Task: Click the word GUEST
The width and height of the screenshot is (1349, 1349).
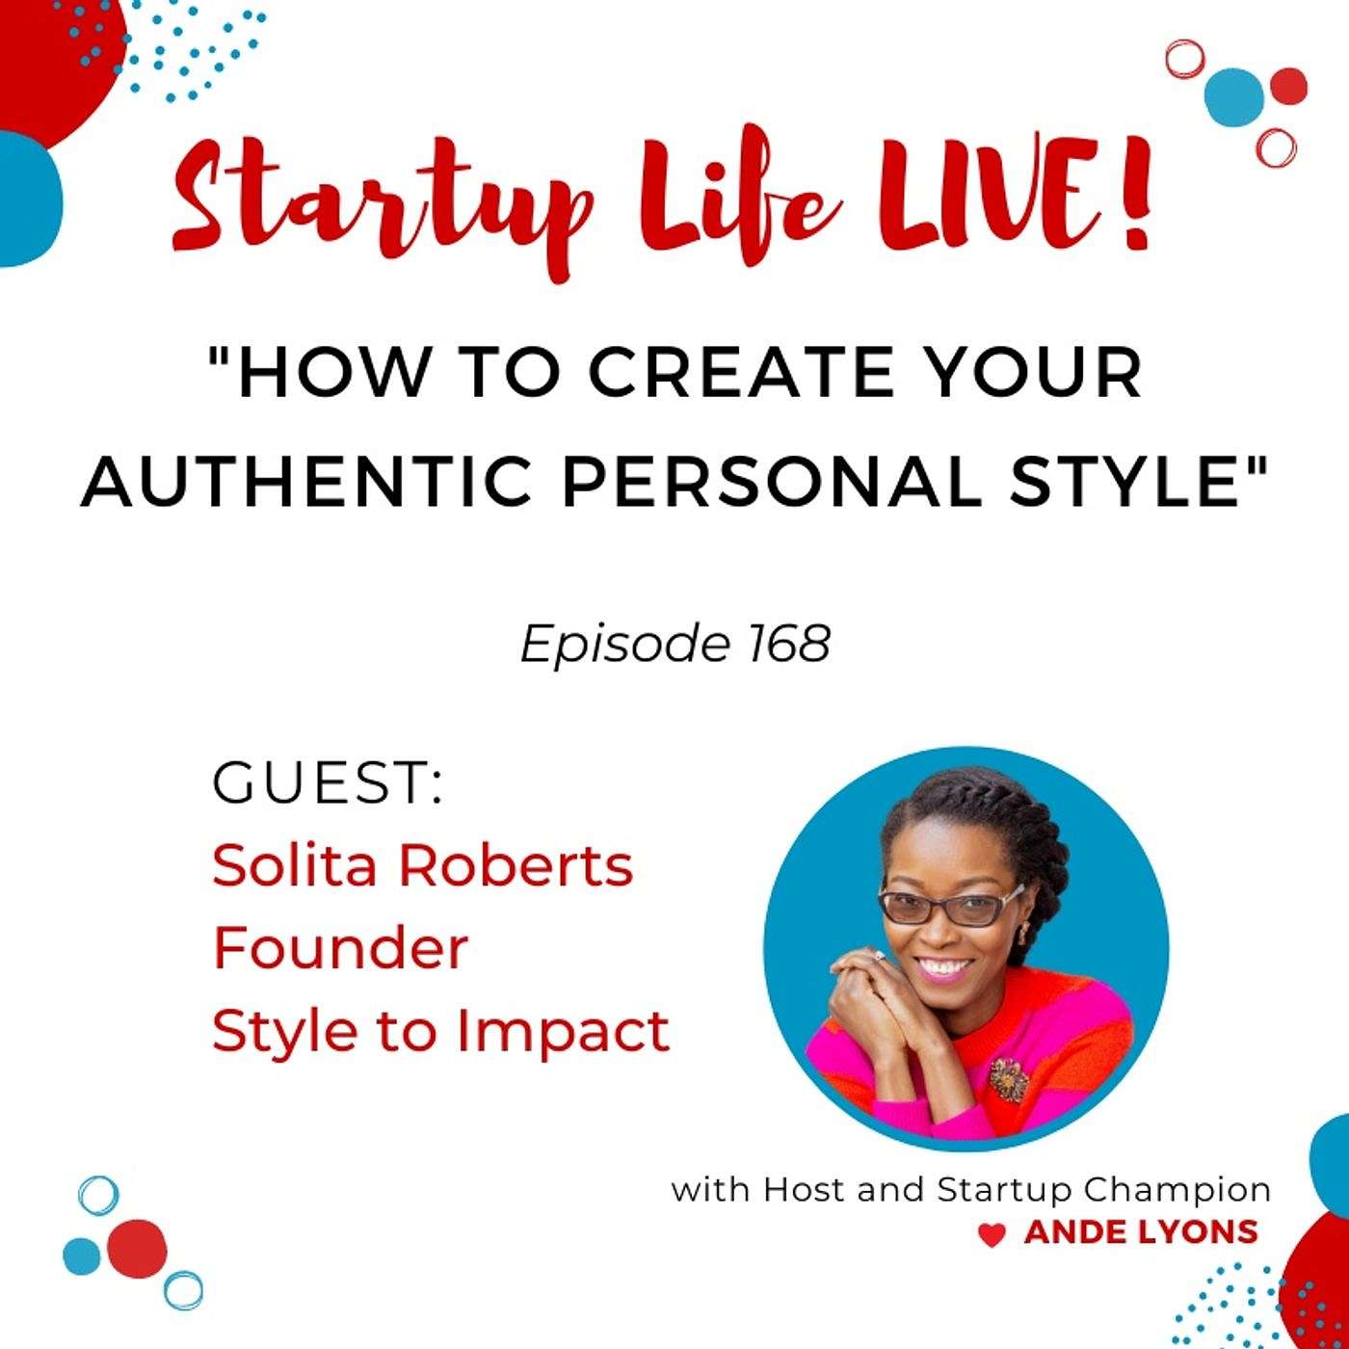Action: coord(328,783)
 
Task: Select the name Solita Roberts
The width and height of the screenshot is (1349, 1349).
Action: coord(423,865)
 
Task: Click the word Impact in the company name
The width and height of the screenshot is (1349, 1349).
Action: coord(563,1035)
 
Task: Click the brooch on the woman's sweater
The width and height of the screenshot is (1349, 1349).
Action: coord(1008,1079)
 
